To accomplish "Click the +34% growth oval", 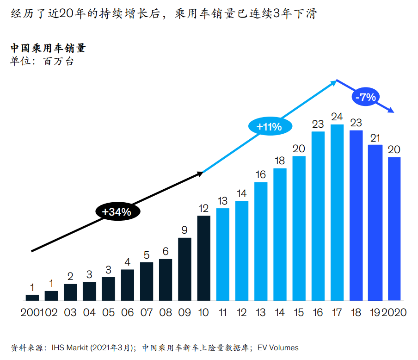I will (x=117, y=211).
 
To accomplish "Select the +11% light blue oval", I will (x=265, y=126).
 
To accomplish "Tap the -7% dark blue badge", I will (x=365, y=97).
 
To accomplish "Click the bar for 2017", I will (x=337, y=212).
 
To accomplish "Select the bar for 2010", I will (x=203, y=258).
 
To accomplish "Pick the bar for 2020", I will (x=394, y=229).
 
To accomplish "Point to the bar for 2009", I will (x=184, y=269).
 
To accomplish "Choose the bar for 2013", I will (x=261, y=241).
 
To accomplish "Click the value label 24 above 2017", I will (x=337, y=116).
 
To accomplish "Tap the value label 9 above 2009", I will (x=184, y=230).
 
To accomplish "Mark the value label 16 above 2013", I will (x=261, y=174).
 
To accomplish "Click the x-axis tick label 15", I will (x=299, y=312).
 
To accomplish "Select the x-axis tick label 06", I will (x=127, y=312).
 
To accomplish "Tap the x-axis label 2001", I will (x=31, y=312).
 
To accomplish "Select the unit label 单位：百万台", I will (x=42, y=61).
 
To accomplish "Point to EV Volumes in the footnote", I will (x=277, y=348).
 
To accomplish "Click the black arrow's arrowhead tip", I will (x=203, y=173).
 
